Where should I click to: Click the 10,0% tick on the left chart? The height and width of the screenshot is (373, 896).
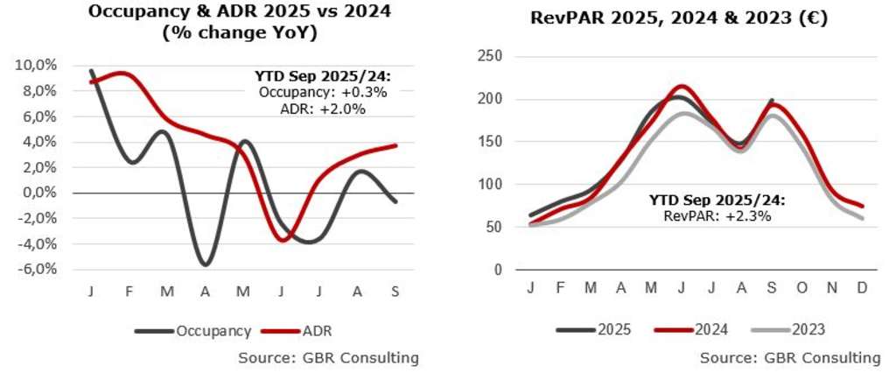tap(37, 66)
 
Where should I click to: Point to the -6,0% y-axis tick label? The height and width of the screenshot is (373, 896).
tap(38, 269)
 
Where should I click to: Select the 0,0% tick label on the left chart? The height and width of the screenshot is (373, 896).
tap(39, 193)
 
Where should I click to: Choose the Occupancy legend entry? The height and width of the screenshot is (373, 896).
tap(192, 331)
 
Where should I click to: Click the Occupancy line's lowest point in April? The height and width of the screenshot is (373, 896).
tap(206, 264)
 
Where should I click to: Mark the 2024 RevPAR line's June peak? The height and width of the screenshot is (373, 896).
tap(682, 86)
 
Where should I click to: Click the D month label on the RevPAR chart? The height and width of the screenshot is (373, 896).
tap(863, 288)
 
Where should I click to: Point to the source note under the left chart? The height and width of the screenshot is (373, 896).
tap(328, 357)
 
